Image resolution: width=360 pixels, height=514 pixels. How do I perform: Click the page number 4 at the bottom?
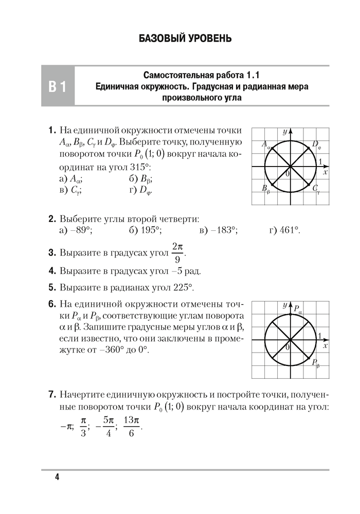point(57,478)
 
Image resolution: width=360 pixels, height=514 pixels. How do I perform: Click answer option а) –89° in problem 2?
point(76,231)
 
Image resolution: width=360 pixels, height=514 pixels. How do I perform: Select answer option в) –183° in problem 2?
point(218,231)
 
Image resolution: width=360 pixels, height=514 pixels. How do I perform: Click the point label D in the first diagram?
point(316,145)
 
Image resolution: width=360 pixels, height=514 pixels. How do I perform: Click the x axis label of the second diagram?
point(326,345)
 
